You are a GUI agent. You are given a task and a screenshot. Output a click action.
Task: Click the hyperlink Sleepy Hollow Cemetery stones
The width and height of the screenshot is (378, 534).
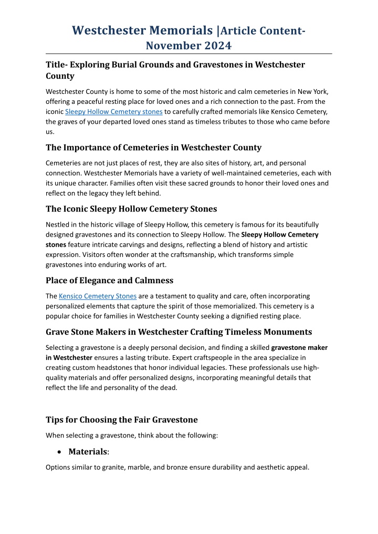click(x=114, y=112)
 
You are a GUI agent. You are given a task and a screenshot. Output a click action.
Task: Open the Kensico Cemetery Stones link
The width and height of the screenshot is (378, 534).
click(x=98, y=296)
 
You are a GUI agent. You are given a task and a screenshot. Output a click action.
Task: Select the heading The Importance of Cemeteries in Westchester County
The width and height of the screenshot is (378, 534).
click(x=153, y=147)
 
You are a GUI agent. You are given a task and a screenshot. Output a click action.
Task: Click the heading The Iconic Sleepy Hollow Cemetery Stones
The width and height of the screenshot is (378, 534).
click(x=131, y=209)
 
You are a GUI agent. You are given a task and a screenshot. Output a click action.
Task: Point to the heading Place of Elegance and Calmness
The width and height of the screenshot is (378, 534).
click(x=117, y=280)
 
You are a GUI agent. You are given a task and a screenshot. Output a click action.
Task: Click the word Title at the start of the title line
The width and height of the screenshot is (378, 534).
click(x=55, y=65)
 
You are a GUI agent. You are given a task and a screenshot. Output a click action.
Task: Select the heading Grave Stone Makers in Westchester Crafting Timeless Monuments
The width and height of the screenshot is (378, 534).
click(x=178, y=332)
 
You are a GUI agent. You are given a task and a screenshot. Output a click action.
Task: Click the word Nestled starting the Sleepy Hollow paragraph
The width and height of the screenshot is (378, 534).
click(x=59, y=225)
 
